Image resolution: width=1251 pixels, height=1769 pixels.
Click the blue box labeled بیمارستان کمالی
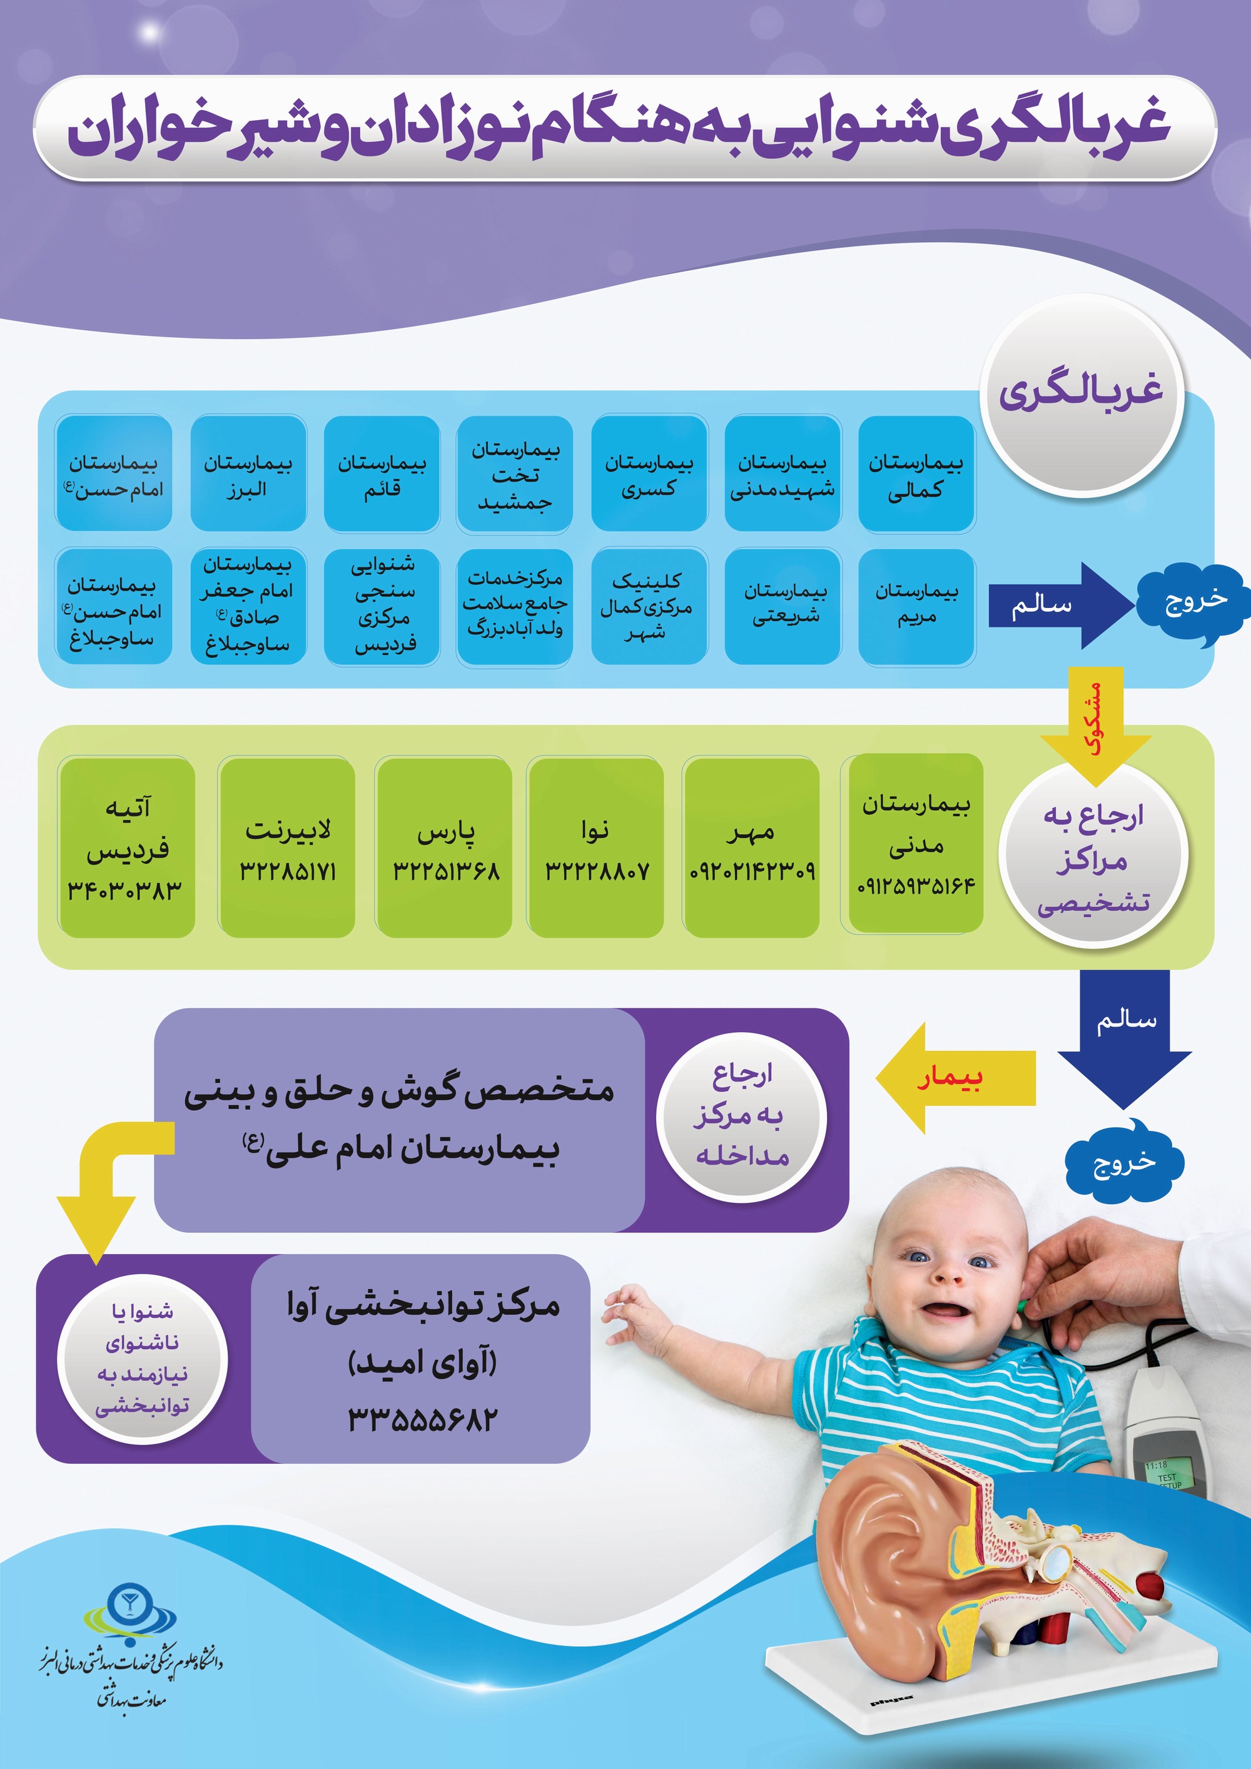click(917, 474)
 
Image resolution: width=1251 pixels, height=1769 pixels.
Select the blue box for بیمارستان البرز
click(248, 474)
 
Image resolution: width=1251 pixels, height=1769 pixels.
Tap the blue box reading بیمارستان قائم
click(382, 474)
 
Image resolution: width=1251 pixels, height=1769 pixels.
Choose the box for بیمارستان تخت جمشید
click(515, 474)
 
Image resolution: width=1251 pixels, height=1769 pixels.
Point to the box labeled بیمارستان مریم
click(917, 606)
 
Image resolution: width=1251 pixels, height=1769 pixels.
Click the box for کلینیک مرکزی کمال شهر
click(649, 606)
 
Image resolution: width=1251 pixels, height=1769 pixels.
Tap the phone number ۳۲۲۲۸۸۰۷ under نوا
click(597, 871)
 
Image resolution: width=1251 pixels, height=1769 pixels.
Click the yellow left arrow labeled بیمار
click(955, 1078)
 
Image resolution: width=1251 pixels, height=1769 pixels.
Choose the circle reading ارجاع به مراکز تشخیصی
click(1093, 858)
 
